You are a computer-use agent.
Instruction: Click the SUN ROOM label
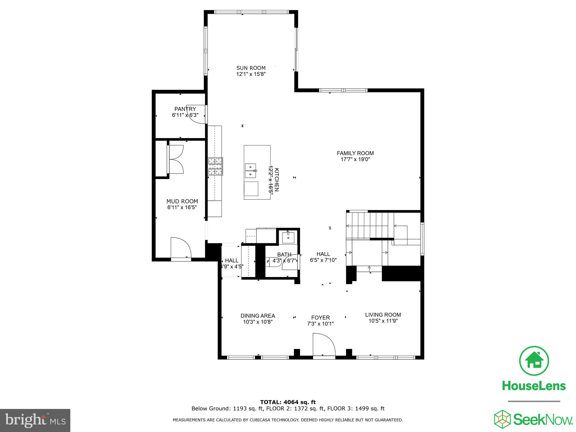251,68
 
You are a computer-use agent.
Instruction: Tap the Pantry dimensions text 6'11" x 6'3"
185,115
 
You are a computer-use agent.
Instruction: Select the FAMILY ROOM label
355,153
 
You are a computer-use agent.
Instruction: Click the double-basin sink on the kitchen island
250,171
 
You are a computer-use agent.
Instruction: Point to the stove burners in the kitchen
215,166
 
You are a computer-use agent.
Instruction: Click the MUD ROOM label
182,201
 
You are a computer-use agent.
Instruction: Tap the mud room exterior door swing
181,247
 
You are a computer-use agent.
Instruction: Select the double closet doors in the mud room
175,159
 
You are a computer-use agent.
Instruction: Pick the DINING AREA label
258,316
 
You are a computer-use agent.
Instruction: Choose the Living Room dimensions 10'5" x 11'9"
383,321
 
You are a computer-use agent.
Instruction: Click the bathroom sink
288,238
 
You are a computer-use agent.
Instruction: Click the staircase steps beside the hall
368,225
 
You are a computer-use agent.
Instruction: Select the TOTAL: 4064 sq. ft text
288,402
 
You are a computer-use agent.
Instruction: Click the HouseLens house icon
534,361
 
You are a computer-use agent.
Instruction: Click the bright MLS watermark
35,420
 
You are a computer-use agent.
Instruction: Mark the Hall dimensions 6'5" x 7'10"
323,260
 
